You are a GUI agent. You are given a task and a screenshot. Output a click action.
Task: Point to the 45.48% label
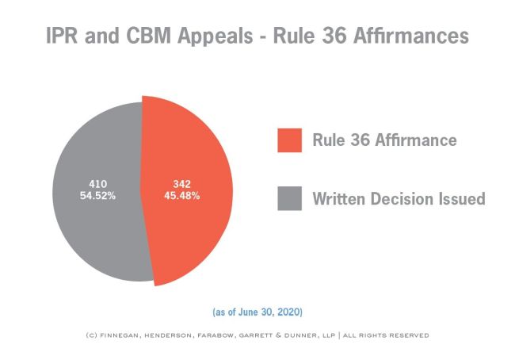(182, 196)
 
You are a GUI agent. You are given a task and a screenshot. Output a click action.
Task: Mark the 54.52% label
(98, 196)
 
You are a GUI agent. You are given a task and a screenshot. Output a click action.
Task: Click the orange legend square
(289, 140)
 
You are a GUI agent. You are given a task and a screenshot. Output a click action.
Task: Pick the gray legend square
(289, 198)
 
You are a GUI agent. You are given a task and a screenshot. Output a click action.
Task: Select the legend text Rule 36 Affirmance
(384, 140)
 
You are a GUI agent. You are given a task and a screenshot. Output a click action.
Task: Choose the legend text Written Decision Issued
(399, 198)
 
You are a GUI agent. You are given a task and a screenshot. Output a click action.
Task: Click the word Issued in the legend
(457, 198)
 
